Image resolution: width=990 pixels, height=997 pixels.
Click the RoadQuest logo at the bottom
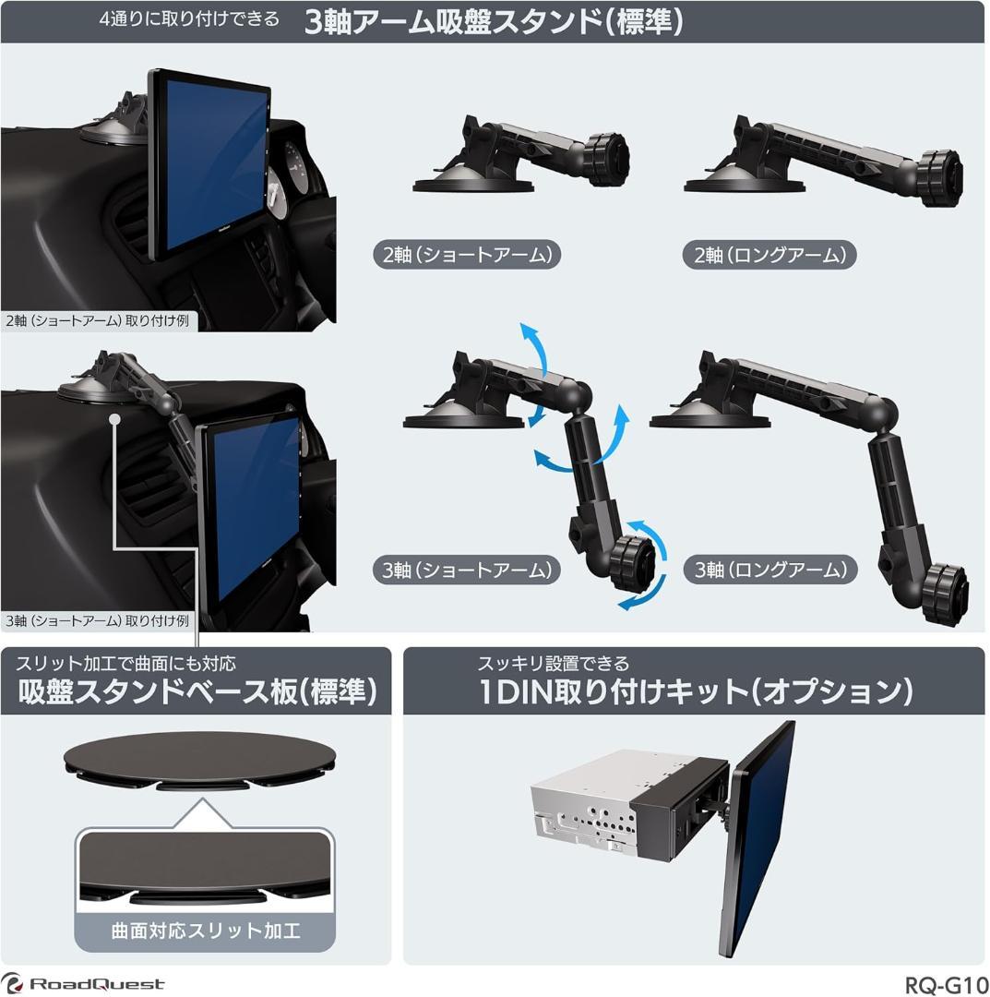pyautogui.click(x=83, y=984)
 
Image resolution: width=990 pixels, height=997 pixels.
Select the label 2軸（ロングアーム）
pyautogui.click(x=769, y=255)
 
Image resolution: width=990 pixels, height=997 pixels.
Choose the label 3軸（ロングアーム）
pyautogui.click(x=770, y=570)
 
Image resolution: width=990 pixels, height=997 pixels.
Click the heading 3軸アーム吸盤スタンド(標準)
pyautogui.click(x=494, y=22)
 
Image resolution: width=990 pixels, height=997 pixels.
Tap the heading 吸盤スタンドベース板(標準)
pyautogui.click(x=197, y=691)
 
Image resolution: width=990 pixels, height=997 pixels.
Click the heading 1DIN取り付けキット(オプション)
pyautogui.click(x=696, y=691)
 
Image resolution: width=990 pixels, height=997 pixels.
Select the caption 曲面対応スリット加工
pyautogui.click(x=206, y=930)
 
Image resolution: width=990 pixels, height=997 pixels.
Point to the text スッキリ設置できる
pyautogui.click(x=553, y=663)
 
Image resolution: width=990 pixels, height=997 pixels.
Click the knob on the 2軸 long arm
pyautogui.click(x=939, y=170)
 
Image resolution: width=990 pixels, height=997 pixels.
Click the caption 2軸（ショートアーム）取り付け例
pyautogui.click(x=97, y=321)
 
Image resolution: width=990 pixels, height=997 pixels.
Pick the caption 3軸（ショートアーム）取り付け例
pyautogui.click(x=97, y=621)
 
